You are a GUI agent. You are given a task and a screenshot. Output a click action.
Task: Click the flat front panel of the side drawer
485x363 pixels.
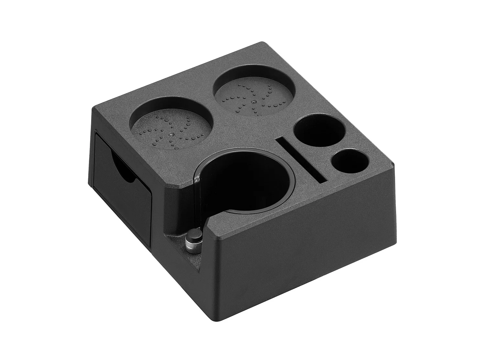tap(123, 207)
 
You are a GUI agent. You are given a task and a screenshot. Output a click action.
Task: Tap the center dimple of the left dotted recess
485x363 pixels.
tap(171, 134)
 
